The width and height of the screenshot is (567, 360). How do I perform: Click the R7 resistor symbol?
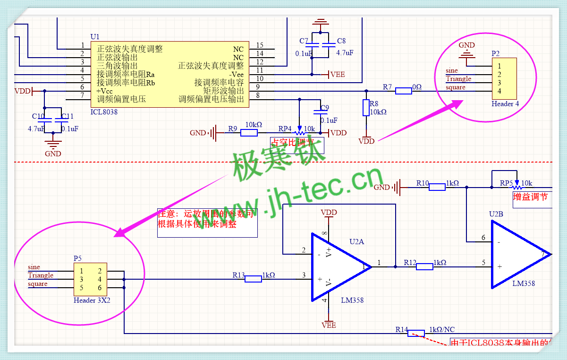coord(403,91)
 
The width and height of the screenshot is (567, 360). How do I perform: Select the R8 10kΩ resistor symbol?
coord(366,108)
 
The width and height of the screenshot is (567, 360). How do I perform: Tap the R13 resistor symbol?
coord(253,279)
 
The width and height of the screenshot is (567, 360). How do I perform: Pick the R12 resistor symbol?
coord(424,266)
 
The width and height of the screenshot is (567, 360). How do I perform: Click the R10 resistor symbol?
coord(437,187)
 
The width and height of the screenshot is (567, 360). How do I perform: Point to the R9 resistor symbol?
coord(249,133)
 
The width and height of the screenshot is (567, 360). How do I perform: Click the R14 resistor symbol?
coord(416,333)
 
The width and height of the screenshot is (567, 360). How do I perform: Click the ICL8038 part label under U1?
coord(103,112)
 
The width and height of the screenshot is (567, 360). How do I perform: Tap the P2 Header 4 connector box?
coord(504,78)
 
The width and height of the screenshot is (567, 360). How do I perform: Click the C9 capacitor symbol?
coord(321,112)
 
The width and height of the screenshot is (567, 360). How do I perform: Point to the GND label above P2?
coord(467,45)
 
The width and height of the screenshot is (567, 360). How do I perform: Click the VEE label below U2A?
coord(329,325)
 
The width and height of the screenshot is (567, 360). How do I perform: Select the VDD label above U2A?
coord(329,213)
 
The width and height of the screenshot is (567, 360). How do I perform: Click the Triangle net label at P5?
coord(41,275)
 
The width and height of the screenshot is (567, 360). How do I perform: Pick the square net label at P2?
coord(456,87)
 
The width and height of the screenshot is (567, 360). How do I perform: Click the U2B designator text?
coord(496,214)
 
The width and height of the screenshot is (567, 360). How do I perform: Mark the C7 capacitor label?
coord(304,41)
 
